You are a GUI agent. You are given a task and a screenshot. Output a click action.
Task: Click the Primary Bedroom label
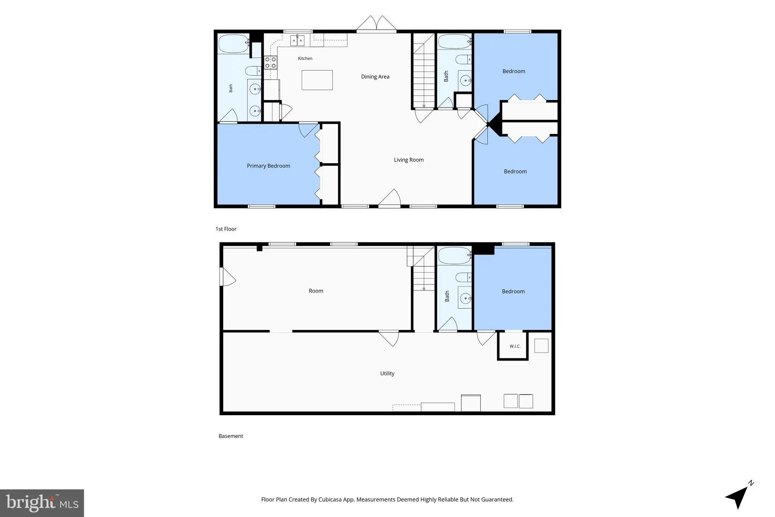tap(268, 166)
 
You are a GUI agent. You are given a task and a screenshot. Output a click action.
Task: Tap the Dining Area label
tap(375, 77)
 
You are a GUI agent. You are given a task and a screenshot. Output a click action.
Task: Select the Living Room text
tap(409, 160)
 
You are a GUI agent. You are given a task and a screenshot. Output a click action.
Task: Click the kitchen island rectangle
tap(317, 80)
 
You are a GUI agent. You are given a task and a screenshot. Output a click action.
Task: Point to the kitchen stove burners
tap(271, 62)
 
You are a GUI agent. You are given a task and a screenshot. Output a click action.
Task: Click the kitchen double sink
tap(297, 41)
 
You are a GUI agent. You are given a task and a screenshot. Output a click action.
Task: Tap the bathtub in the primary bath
tap(234, 44)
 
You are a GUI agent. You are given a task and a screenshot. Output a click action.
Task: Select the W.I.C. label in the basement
tap(515, 346)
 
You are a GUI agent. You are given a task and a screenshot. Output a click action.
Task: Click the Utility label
tap(387, 373)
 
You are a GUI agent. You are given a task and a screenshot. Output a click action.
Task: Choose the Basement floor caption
tap(231, 436)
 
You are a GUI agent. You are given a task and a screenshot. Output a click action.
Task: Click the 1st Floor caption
tap(226, 229)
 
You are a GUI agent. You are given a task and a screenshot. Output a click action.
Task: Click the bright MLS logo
tap(42, 503)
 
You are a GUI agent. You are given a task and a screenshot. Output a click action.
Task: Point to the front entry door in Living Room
tap(389, 198)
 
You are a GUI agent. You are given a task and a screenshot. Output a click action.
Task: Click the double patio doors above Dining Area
tap(376, 23)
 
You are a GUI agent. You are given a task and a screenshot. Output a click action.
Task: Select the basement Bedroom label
tap(513, 291)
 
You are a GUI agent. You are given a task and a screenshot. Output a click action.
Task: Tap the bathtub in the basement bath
tap(454, 256)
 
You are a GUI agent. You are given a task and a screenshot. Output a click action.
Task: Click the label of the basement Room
tap(316, 291)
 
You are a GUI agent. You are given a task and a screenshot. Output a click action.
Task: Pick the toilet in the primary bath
tap(253, 71)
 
